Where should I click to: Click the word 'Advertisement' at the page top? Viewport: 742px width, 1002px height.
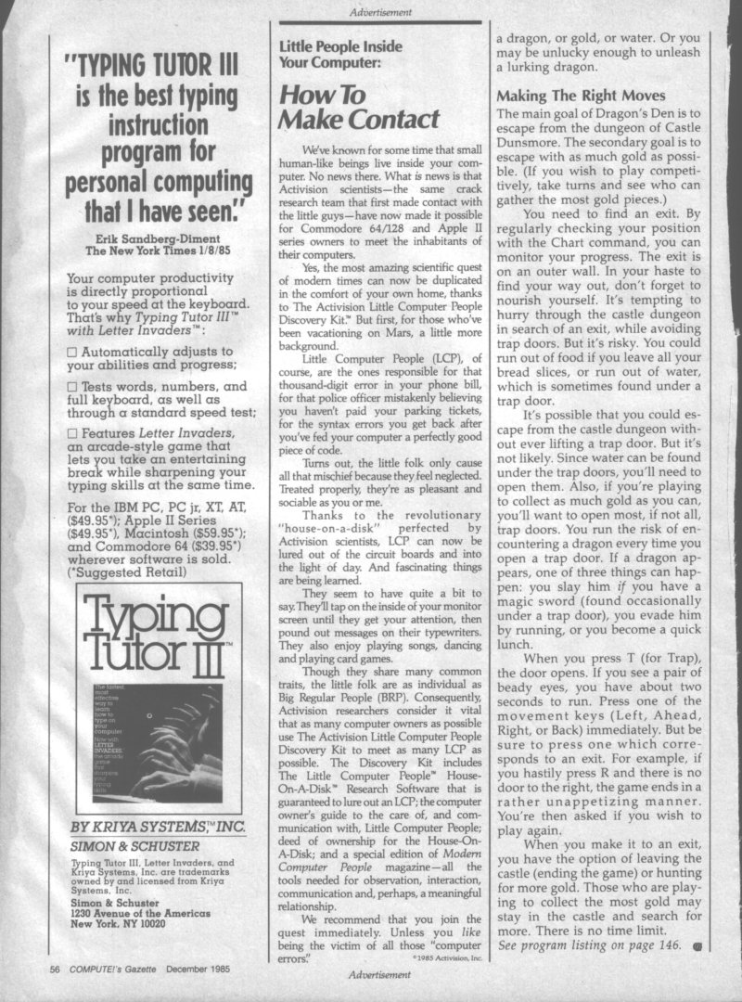pos(381,12)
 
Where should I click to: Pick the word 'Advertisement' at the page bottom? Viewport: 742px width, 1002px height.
pos(380,974)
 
